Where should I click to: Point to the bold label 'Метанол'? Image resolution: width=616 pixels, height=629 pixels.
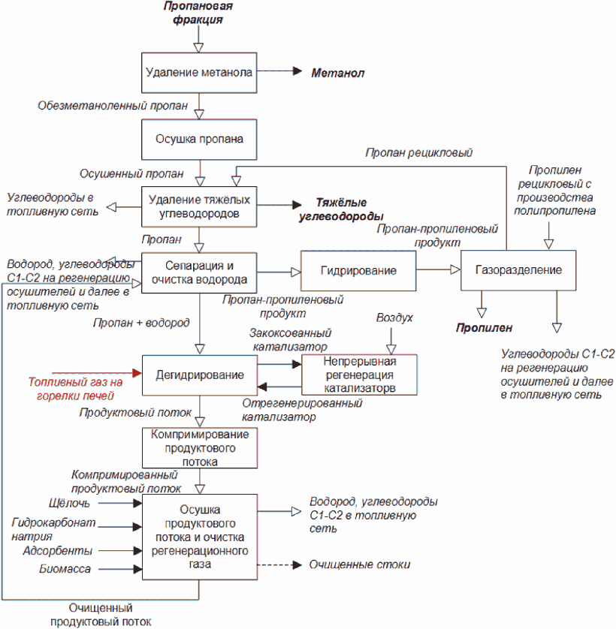point(338,73)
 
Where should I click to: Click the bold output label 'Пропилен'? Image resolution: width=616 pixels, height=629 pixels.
point(484,328)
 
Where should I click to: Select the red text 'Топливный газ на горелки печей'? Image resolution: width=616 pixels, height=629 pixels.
point(75,389)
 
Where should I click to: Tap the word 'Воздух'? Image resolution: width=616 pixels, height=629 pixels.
point(394,318)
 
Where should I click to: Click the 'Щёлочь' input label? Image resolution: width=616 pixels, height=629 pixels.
point(69,503)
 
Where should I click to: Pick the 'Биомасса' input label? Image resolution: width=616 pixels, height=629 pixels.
point(65,569)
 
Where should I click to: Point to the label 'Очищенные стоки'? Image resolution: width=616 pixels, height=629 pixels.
point(359,564)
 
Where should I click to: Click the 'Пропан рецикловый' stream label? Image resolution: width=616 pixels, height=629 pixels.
point(419,153)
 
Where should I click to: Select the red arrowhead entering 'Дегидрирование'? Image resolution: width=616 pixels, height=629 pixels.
point(137,373)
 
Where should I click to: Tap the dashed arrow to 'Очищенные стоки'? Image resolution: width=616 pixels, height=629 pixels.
point(279,565)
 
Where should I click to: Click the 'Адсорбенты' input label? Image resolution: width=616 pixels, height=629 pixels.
point(57,551)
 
